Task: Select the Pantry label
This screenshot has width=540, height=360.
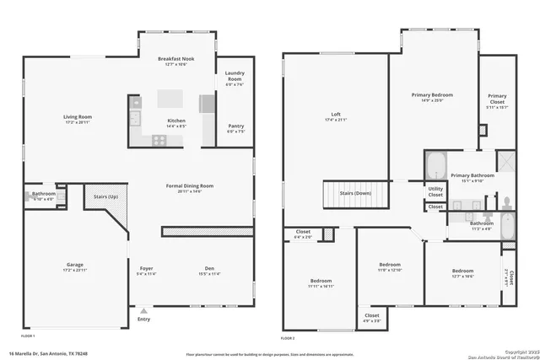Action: point(235,126)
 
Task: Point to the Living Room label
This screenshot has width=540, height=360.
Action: point(77,116)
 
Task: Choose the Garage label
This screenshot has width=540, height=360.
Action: point(75,265)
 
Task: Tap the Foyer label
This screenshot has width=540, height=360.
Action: point(146,269)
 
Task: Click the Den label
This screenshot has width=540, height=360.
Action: point(208,269)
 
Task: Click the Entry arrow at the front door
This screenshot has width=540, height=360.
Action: point(143,311)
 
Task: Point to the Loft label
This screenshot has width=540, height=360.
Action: point(335,115)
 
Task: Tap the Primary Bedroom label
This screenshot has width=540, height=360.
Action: point(432,96)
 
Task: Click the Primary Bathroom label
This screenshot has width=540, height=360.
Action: point(472,175)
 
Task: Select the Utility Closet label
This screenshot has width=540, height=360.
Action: point(435,191)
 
